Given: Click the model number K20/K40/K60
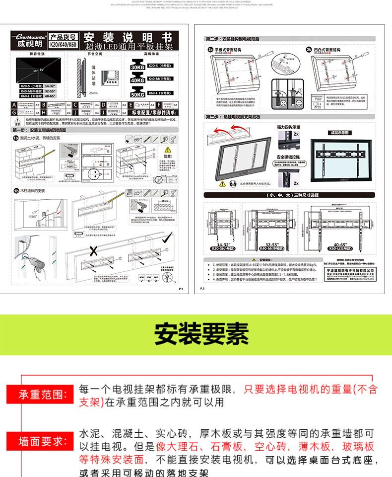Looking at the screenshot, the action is pos(64,44).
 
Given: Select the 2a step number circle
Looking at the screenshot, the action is pos(210,50).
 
